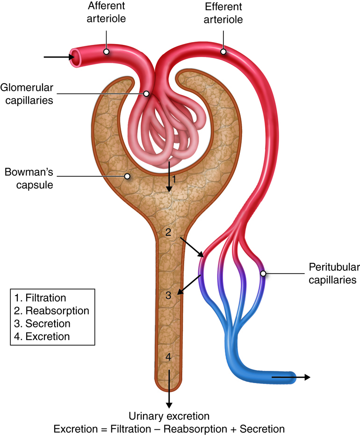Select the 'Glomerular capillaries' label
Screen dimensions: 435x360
26,94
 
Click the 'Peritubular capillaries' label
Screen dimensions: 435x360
332,274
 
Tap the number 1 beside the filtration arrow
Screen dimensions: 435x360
174,179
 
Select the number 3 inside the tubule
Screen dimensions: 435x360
169,295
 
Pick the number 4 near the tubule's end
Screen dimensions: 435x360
169,357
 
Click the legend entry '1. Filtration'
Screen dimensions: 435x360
40,298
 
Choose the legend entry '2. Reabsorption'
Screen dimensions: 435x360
51,311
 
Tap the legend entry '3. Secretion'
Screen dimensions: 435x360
42,323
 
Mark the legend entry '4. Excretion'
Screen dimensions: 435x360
42,336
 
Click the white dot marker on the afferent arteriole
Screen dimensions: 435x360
107,51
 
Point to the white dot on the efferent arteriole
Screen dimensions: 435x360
223,51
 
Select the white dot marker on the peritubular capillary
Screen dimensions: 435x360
263,274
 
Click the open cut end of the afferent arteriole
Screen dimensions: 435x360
75,57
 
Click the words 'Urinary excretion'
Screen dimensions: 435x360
169,416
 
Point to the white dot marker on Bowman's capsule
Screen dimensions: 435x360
126,176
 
